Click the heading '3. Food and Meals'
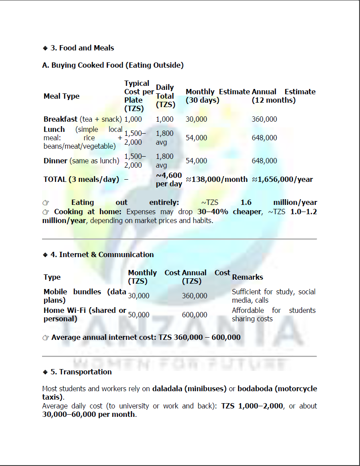tap(82, 48)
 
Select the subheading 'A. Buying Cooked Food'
tap(113, 65)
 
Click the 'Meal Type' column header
tap(62, 96)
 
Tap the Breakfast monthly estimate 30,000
tap(196, 119)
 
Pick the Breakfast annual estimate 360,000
tap(264, 119)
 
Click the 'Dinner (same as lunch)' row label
tap(81, 161)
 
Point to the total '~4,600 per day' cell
tap(169, 179)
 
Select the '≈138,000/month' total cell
tap(217, 179)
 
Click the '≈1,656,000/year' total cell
tap(282, 179)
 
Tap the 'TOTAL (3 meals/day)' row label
tap(81, 179)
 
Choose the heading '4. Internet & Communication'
tap(106, 254)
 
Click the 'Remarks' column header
tap(247, 277)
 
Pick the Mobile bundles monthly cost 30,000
tap(139, 296)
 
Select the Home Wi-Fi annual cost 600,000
tap(194, 315)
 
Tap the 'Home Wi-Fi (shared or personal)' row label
tap(84, 314)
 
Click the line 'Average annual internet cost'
tap(146, 337)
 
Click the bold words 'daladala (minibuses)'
tap(189, 389)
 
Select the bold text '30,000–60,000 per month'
tap(89, 414)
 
